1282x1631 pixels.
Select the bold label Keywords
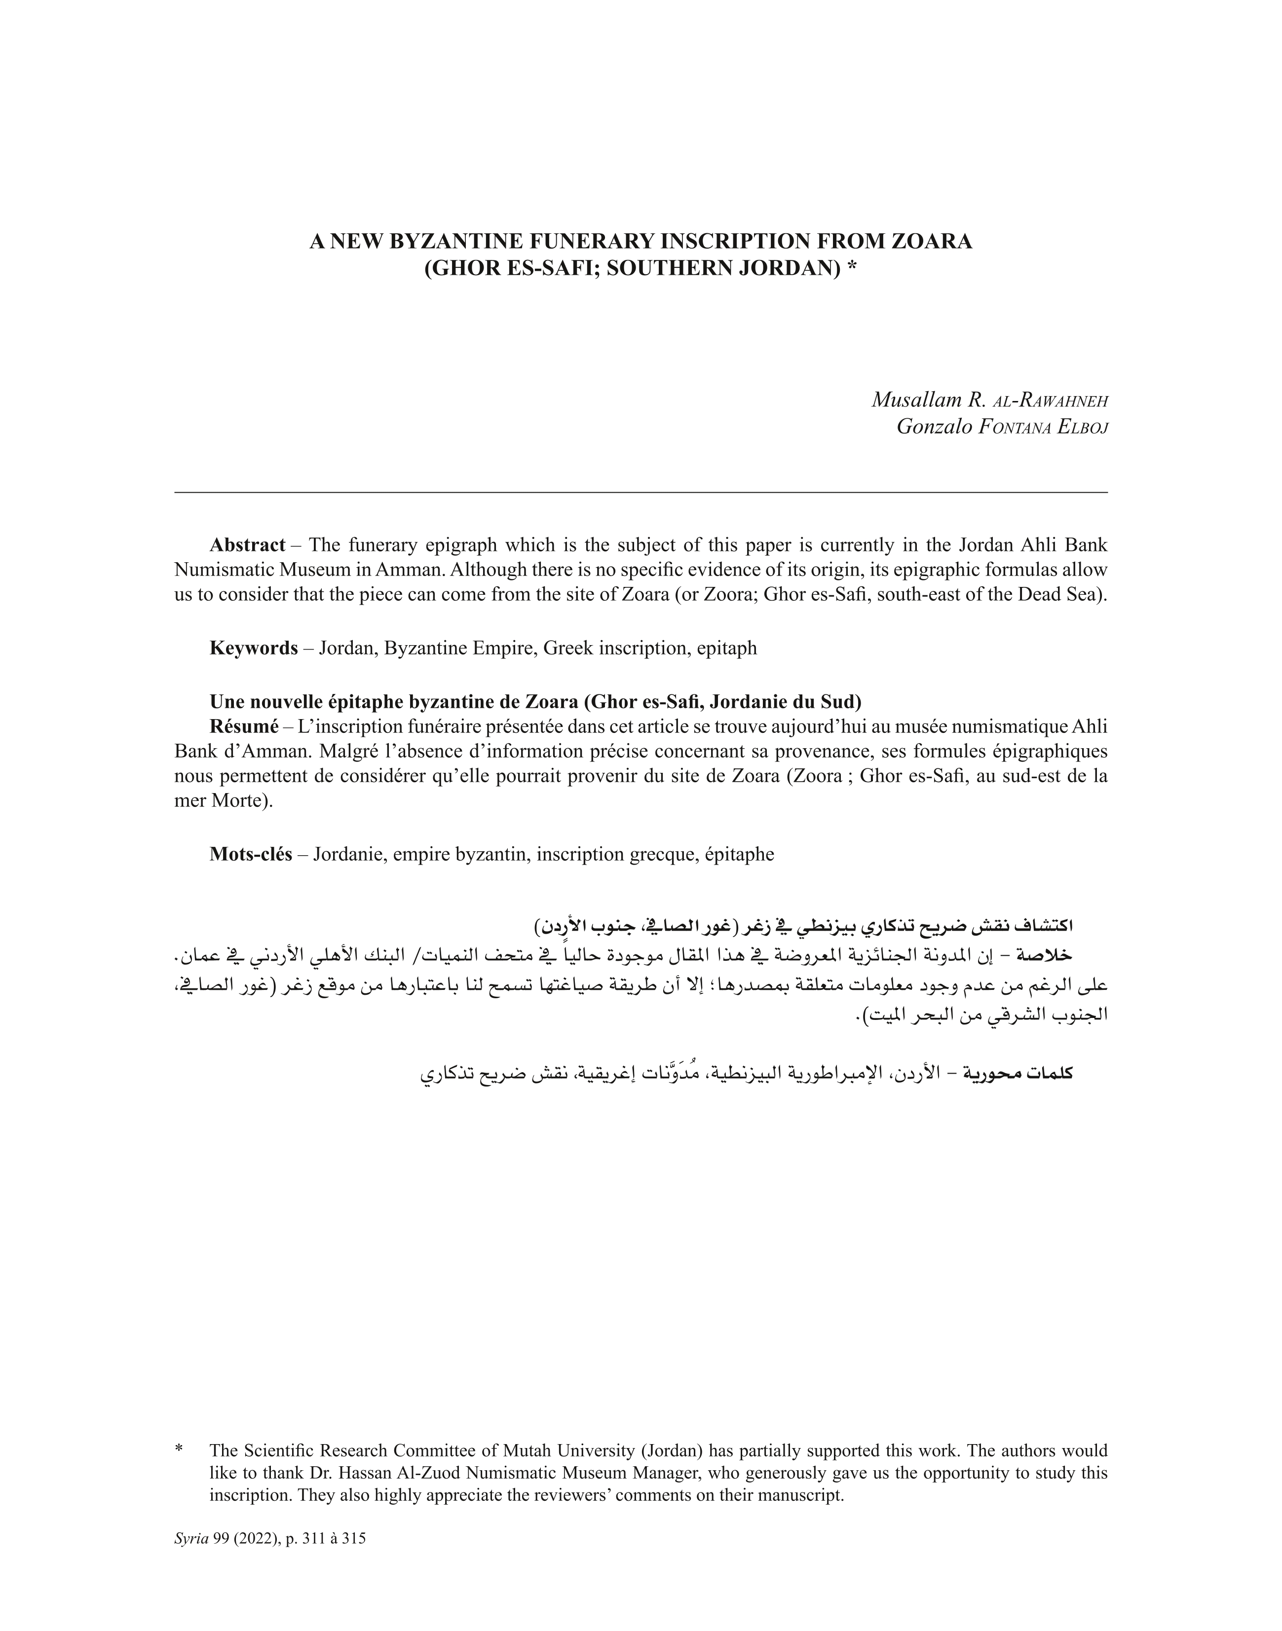point(253,648)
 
